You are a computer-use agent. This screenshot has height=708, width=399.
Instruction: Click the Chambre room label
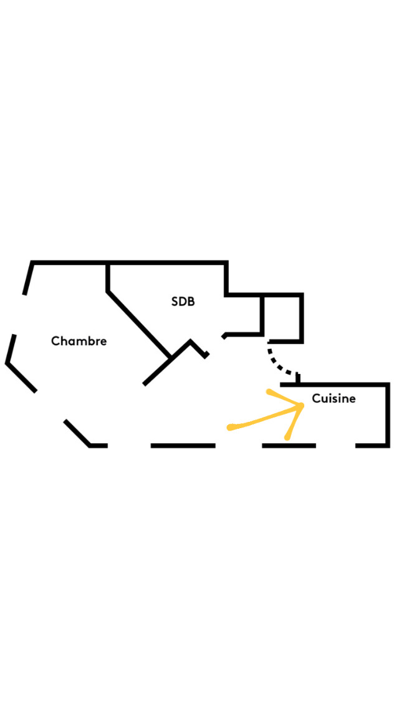[x=79, y=342]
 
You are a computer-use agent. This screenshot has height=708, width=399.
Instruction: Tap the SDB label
[x=183, y=302]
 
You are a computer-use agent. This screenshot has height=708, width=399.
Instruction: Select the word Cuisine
[x=334, y=398]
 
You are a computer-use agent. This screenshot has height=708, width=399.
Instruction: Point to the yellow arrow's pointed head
[x=301, y=406]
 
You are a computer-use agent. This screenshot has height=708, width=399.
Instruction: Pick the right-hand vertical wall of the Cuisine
[x=387, y=414]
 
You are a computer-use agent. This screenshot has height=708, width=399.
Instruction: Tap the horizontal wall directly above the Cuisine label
[x=337, y=385]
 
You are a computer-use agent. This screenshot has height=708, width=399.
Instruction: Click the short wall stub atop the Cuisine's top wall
[x=298, y=378]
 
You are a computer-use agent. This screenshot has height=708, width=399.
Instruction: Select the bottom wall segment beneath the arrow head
[x=289, y=446]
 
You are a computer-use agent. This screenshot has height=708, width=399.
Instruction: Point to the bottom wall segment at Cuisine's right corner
[x=372, y=446]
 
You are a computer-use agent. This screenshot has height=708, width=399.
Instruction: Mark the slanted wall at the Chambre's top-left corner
[x=27, y=278]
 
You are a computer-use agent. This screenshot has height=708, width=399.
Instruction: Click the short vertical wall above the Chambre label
[x=108, y=277]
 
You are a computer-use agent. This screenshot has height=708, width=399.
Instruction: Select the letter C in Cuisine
[x=316, y=398]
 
